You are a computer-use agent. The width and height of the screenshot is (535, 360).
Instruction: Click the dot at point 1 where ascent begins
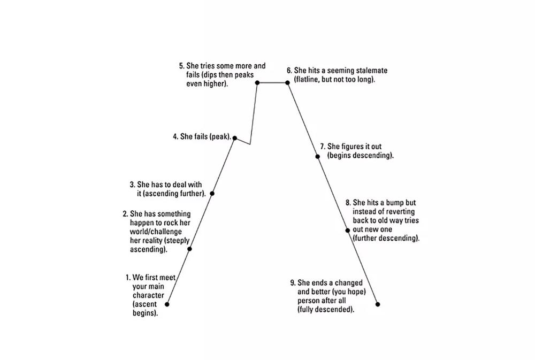167,304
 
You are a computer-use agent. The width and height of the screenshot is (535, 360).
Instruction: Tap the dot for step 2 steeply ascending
190,249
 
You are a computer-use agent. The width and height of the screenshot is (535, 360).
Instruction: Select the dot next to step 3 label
212,194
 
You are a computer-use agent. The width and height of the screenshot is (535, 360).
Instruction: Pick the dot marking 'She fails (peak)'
235,138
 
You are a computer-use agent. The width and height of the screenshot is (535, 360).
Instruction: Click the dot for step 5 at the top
257,82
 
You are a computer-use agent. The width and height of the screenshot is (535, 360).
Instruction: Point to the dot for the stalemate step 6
287,82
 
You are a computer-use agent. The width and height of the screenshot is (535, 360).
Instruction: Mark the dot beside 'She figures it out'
318,157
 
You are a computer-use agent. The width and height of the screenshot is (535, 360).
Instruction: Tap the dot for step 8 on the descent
348,231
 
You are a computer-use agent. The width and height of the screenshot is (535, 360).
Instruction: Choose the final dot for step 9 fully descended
378,304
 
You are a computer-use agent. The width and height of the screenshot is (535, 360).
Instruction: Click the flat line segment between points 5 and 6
272,82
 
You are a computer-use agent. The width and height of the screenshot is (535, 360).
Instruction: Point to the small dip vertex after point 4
250,144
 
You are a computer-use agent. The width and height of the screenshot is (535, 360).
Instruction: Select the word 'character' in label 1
148,295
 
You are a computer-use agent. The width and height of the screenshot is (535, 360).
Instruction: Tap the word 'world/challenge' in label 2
156,232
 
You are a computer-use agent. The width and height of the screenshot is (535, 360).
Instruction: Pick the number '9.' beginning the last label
293,283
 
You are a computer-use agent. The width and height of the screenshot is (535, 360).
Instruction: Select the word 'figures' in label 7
353,147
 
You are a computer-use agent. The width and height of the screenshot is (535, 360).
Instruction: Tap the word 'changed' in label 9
349,283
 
